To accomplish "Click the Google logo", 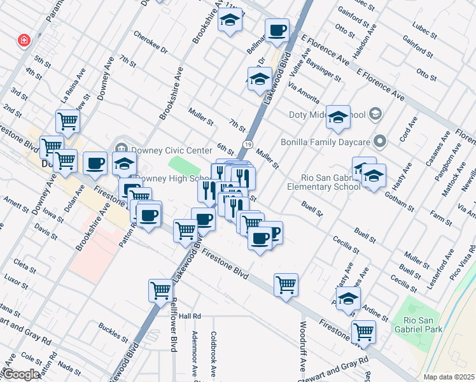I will click(x=20, y=374).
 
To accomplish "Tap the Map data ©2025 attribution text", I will click(x=448, y=377).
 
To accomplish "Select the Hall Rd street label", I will click(x=190, y=316).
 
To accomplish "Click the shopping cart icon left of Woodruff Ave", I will click(x=286, y=283).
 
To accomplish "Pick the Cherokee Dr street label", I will click(x=151, y=41).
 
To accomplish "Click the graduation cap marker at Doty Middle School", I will click(x=338, y=117).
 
